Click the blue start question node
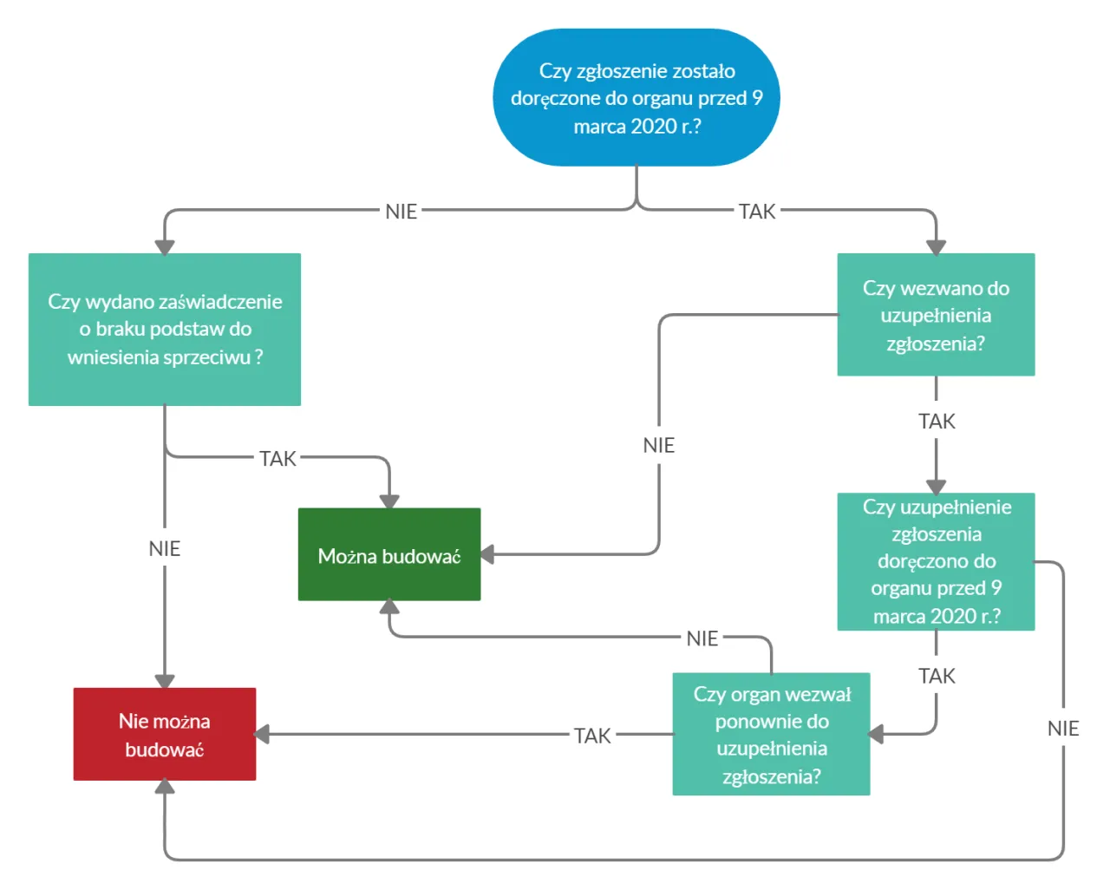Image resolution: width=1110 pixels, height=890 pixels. pos(637,97)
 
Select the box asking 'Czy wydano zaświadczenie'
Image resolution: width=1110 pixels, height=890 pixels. pos(165,329)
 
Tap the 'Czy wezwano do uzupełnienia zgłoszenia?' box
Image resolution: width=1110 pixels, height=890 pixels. pos(936,315)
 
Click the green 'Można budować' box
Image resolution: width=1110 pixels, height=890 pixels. pos(389,555)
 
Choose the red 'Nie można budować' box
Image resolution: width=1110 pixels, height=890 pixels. pos(165,735)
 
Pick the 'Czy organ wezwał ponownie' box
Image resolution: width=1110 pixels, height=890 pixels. pos(771,735)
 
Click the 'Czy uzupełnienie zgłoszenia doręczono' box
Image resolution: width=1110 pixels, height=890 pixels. pos(936,561)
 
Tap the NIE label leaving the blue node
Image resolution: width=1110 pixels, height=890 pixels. pos(401,212)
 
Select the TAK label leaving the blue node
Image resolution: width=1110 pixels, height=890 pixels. pos(757,212)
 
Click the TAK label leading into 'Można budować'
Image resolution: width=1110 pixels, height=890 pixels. pos(277,458)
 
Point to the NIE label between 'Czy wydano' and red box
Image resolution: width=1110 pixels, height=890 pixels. pos(165,548)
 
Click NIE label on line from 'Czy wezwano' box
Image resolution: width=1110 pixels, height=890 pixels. pos(659,445)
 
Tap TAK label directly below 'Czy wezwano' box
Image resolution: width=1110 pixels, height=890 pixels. pos(937,422)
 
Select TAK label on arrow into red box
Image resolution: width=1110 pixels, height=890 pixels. pos(592,736)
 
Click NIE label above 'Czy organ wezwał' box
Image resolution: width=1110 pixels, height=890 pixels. pos(702,638)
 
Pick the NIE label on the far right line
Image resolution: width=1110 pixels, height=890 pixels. pos(1063,729)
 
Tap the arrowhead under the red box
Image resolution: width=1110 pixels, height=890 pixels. pos(165,787)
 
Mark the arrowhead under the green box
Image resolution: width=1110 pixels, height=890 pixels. pos(389,606)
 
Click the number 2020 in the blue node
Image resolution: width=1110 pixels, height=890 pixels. pos(654,127)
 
